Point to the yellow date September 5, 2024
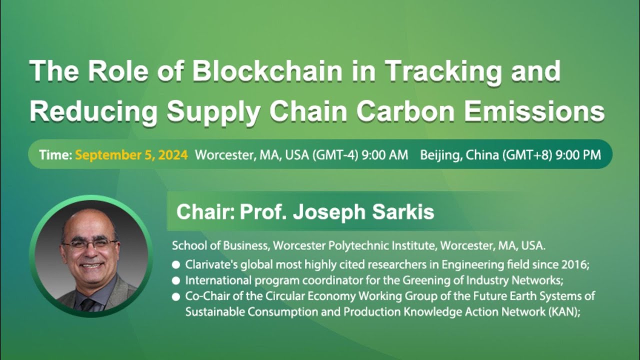131,155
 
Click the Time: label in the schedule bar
55,155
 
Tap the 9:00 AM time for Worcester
384,155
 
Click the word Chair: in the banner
205,212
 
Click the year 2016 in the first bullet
577,264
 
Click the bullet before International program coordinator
176,280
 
